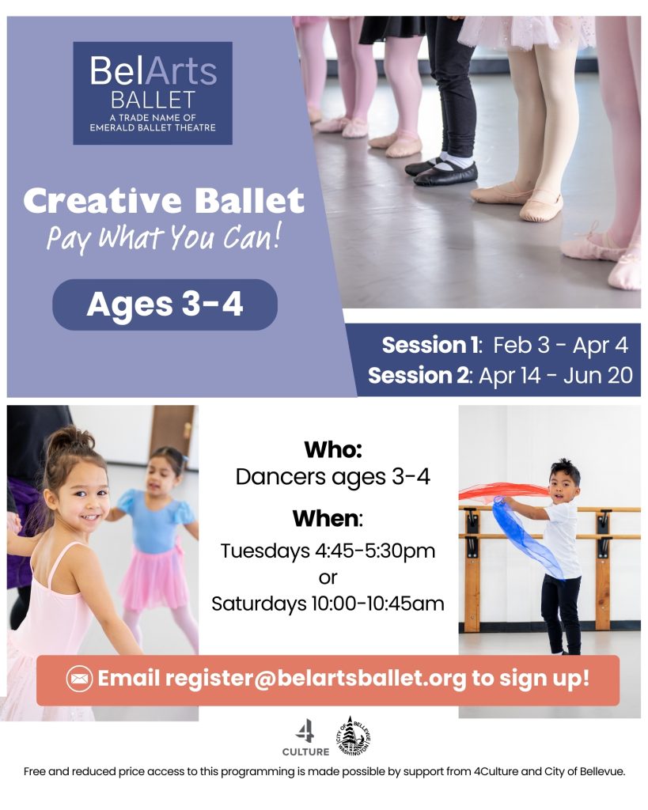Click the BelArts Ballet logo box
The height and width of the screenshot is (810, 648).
pyautogui.click(x=153, y=93)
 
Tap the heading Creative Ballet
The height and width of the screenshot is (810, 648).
pyautogui.click(x=164, y=201)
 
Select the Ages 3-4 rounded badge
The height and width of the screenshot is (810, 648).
pyautogui.click(x=165, y=305)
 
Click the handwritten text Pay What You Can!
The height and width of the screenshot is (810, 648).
pyautogui.click(x=164, y=238)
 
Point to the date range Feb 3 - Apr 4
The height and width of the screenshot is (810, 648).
pyautogui.click(x=560, y=345)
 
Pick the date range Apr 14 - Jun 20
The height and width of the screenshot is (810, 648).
pyautogui.click(x=555, y=376)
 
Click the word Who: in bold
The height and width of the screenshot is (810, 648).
pyautogui.click(x=333, y=449)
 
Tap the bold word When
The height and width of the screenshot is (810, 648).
pyautogui.click(x=326, y=518)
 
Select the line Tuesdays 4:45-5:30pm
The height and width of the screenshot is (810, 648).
pyautogui.click(x=328, y=551)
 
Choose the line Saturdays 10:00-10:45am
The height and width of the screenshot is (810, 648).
pyautogui.click(x=328, y=604)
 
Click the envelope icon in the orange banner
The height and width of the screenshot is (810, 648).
pyautogui.click(x=80, y=678)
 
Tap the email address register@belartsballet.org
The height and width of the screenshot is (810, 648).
pyautogui.click(x=316, y=679)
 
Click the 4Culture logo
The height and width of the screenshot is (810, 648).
pyautogui.click(x=305, y=738)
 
